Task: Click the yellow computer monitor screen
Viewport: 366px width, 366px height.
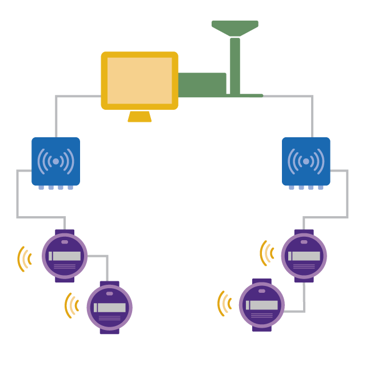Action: [x=140, y=80]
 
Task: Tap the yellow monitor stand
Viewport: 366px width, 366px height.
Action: [x=140, y=117]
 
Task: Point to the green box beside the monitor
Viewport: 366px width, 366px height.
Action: [x=202, y=85]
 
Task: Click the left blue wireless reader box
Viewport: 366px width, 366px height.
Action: [x=55, y=161]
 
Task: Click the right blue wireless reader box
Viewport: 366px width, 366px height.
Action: [x=306, y=161]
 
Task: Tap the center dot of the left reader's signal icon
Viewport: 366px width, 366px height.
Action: [x=55, y=161]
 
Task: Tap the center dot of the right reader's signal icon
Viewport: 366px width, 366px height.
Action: [x=306, y=161]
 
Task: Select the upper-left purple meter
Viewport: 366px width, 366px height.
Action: [x=65, y=256]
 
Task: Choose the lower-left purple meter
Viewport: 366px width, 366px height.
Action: [x=109, y=307]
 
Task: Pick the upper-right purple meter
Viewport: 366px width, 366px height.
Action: [x=304, y=256]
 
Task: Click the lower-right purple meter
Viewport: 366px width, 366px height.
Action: [x=261, y=305]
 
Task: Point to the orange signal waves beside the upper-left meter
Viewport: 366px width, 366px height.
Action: [x=24, y=258]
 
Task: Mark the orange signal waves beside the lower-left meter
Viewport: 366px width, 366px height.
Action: [x=71, y=305]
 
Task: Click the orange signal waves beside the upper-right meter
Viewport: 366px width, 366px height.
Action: [x=266, y=253]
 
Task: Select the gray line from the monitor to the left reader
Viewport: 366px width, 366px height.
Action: [x=56, y=114]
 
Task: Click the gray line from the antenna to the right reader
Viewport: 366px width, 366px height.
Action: [x=312, y=114]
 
